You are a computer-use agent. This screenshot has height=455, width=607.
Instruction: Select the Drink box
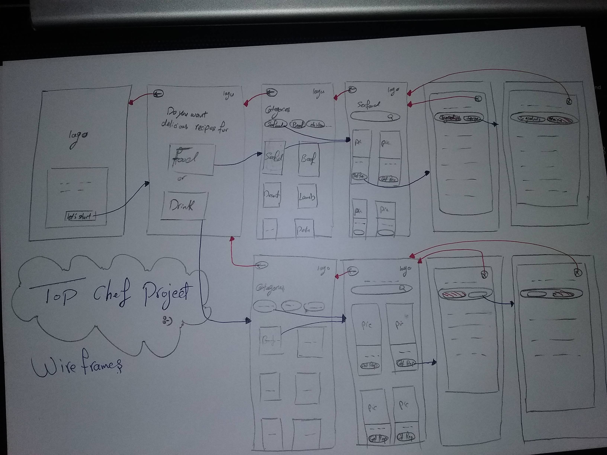point(184,206)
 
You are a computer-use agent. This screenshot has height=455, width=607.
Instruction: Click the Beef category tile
point(309,159)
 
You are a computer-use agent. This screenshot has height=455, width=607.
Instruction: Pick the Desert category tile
point(272,196)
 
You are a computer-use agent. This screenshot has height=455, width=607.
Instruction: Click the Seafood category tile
point(274,158)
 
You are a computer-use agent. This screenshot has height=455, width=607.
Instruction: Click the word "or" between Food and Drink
point(181,179)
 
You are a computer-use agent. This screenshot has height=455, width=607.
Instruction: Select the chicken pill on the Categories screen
point(316,125)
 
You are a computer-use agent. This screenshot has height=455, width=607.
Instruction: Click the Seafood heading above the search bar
point(369,105)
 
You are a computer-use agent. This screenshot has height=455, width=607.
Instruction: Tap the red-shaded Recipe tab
point(560,120)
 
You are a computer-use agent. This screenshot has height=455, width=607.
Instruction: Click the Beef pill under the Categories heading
point(298,125)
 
